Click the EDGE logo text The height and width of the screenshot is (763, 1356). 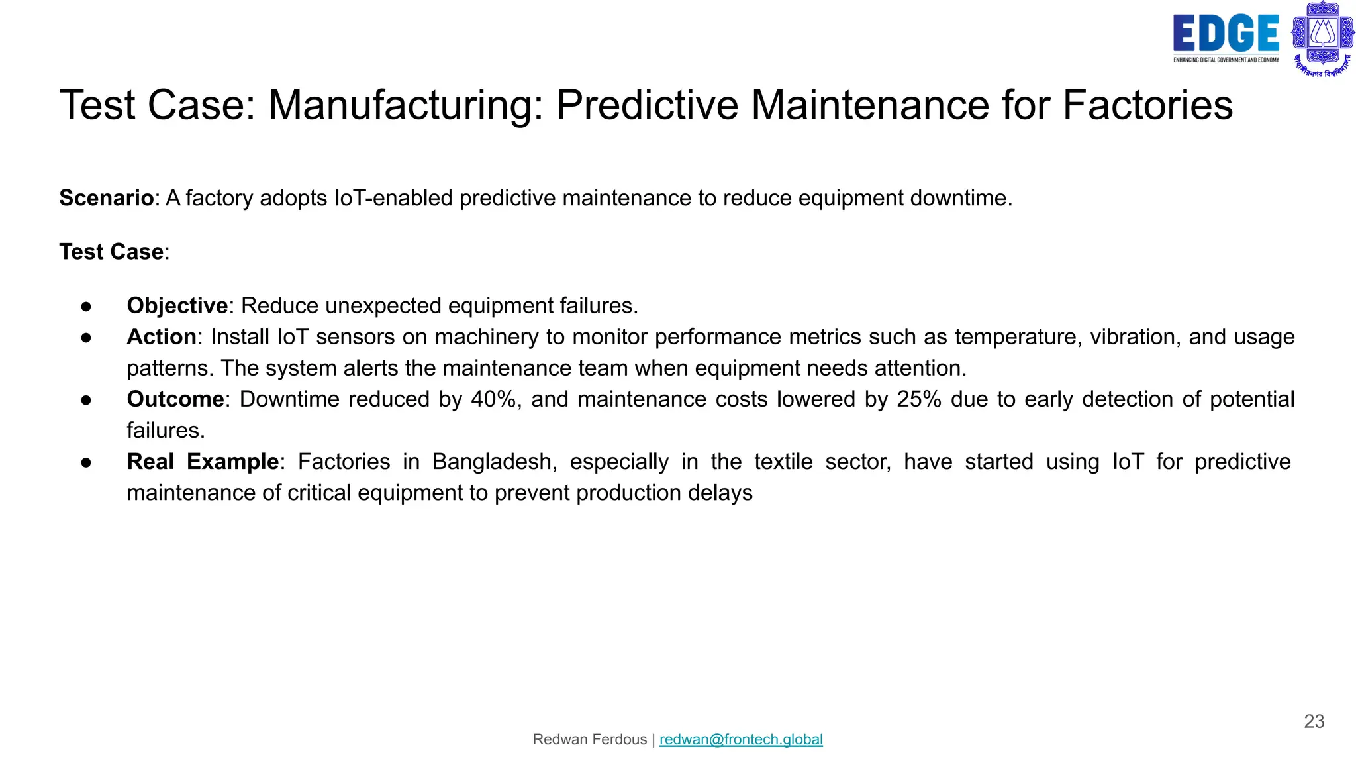click(x=1226, y=34)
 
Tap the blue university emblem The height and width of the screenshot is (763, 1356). click(x=1322, y=38)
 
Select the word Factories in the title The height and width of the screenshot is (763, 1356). click(x=1147, y=105)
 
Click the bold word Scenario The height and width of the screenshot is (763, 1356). click(x=106, y=198)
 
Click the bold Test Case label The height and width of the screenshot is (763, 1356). click(x=111, y=252)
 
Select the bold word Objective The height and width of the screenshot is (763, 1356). click(x=177, y=305)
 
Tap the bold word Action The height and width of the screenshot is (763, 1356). click(x=161, y=336)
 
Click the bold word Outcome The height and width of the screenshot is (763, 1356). click(x=175, y=399)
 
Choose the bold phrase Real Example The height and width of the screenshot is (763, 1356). click(x=203, y=462)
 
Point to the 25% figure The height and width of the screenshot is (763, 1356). click(x=919, y=399)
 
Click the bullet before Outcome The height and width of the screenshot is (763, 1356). click(x=86, y=400)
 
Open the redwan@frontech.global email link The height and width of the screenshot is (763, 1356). click(x=741, y=739)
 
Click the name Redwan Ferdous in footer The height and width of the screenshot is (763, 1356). click(x=589, y=739)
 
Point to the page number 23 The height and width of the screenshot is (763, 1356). click(x=1314, y=721)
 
